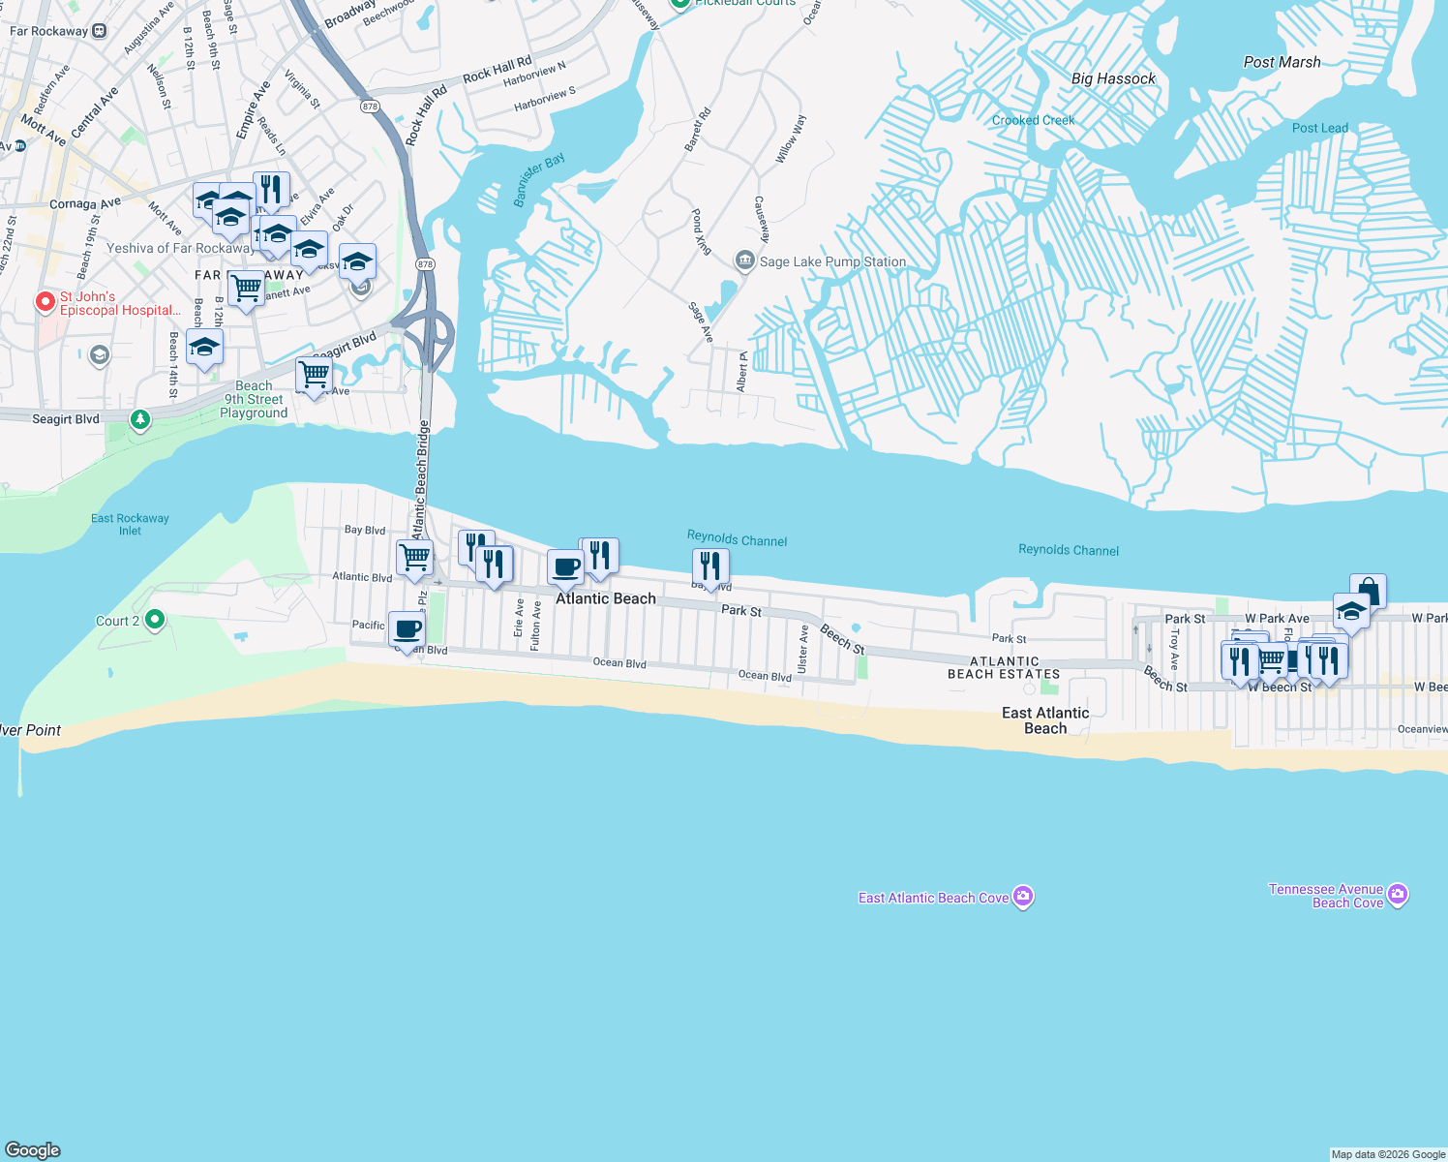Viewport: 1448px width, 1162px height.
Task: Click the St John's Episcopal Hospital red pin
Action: click(x=45, y=302)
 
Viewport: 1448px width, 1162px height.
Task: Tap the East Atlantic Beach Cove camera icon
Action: click(x=1023, y=897)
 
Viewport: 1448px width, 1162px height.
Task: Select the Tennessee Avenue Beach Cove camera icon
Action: click(x=1397, y=895)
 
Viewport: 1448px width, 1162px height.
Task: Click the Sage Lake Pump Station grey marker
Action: click(x=744, y=260)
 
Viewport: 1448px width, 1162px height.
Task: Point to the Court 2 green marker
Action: click(x=154, y=620)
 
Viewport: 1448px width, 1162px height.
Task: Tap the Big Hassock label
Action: click(x=1113, y=78)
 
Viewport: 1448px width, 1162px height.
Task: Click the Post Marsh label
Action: click(x=1282, y=62)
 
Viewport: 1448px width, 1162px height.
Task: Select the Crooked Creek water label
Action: click(x=1033, y=120)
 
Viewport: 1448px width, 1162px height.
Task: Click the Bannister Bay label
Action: click(x=538, y=179)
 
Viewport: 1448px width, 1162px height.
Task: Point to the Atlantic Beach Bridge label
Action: click(x=421, y=479)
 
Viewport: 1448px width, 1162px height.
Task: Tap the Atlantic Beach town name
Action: click(x=606, y=598)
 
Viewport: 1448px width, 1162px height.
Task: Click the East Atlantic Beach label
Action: click(x=1045, y=720)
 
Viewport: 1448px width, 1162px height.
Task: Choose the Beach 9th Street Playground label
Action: click(x=254, y=399)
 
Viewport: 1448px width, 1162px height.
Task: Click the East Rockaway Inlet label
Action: click(x=130, y=524)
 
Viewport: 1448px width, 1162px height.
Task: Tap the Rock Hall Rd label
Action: click(x=497, y=71)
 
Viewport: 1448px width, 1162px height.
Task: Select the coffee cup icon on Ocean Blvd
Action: click(x=407, y=629)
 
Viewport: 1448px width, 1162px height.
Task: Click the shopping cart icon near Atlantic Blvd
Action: click(x=414, y=558)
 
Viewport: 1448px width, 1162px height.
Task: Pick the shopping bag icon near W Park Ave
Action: click(x=1368, y=590)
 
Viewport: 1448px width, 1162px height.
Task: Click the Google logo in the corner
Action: click(x=33, y=1149)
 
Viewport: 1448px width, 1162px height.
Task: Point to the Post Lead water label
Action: click(x=1319, y=128)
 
